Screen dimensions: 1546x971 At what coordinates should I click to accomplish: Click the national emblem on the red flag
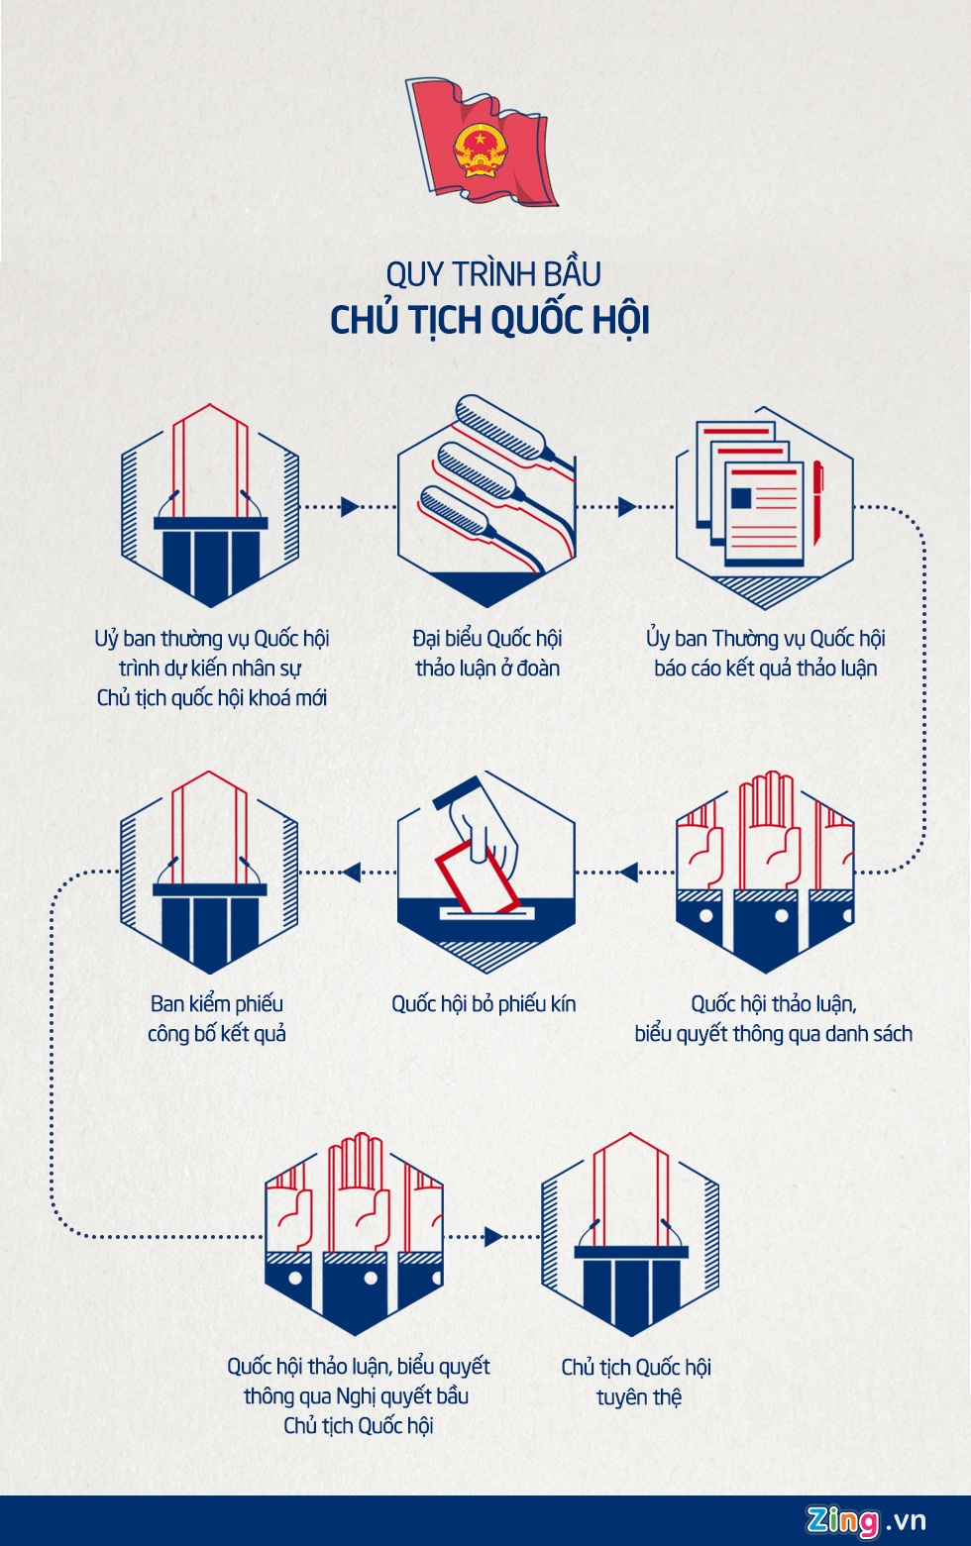pos(480,150)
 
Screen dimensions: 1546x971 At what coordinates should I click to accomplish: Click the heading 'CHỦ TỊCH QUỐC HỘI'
pos(489,320)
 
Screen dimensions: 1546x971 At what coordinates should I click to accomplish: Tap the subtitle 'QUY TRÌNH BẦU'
pos(492,273)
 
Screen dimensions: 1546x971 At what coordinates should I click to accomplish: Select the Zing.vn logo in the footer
pos(866,1520)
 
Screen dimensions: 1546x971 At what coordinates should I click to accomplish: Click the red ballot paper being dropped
pos(476,877)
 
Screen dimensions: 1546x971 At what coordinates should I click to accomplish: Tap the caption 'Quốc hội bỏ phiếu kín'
pos(484,1004)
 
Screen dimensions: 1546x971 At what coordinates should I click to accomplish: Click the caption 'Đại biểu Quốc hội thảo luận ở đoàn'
pos(486,654)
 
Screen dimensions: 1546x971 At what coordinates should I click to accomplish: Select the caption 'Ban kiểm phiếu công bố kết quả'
pos(217,1019)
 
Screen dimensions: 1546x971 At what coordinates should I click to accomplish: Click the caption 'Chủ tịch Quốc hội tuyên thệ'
pos(637,1382)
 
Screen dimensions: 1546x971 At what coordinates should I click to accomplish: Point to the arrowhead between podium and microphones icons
pos(349,506)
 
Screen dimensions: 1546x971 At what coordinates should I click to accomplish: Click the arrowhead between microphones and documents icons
pos(626,506)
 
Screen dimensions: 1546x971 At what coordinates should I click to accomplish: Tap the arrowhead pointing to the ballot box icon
pos(627,873)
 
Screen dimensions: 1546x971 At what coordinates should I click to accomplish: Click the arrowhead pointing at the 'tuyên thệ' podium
pos(492,1236)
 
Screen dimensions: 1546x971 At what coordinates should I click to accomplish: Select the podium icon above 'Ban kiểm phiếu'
pos(209,873)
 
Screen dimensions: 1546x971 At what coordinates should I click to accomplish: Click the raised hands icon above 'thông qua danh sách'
pos(764,873)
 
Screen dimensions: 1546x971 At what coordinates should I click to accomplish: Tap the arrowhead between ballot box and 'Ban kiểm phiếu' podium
pos(350,873)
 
